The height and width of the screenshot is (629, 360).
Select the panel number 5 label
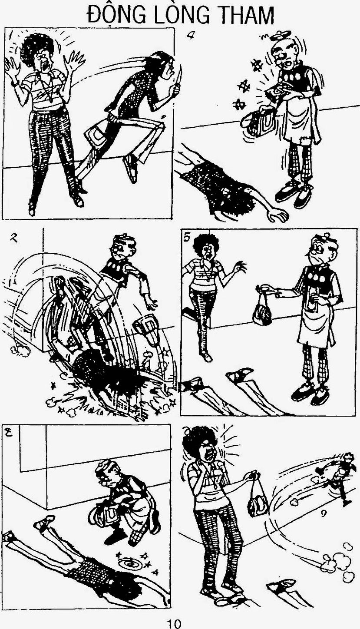tap(187, 238)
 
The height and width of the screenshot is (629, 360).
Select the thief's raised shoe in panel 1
tap(131, 168)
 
